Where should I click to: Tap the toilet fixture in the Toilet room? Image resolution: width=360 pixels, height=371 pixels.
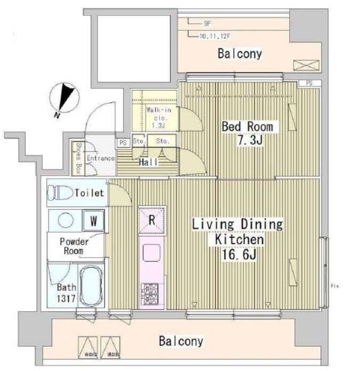(x=61, y=192)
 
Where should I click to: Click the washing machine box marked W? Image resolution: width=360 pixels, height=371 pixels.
(x=93, y=219)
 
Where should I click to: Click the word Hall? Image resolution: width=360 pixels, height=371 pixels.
(x=148, y=163)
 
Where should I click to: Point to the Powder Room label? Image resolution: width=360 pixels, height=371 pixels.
(x=74, y=246)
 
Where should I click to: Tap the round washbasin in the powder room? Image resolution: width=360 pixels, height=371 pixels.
(x=66, y=219)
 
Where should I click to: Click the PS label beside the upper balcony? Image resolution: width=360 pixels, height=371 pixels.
(x=309, y=83)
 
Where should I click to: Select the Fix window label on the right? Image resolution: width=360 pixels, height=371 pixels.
(x=334, y=286)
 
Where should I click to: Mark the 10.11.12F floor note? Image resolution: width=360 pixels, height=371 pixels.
(x=214, y=36)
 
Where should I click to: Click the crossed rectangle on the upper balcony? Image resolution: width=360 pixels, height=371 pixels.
(x=305, y=65)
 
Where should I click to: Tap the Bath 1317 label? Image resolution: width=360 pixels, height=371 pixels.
(x=67, y=294)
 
